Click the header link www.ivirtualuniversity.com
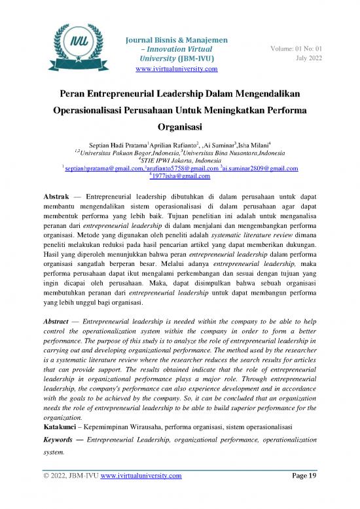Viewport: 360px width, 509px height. [175, 69]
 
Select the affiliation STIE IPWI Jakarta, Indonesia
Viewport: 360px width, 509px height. [179, 159]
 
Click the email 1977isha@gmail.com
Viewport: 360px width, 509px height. [181, 177]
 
